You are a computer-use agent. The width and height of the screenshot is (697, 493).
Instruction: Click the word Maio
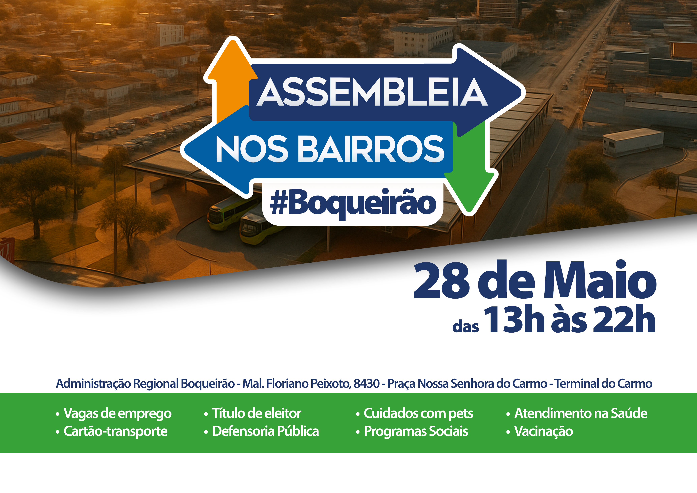click(x=600, y=280)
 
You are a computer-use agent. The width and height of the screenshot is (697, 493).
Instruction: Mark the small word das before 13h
click(x=465, y=327)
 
